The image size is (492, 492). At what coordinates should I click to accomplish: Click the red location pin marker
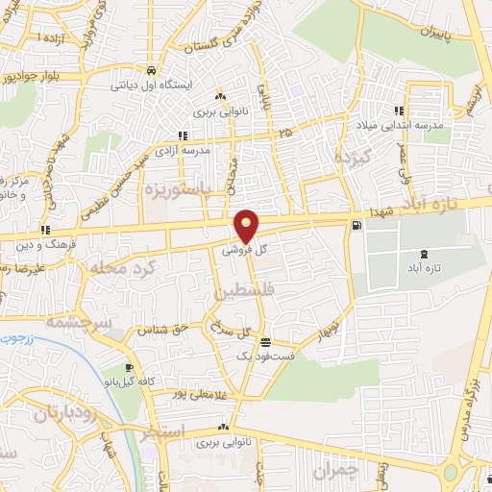[x=247, y=225]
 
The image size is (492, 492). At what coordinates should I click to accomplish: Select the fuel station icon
[x=357, y=225]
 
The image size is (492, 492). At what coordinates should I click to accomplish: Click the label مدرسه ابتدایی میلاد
[x=429, y=126]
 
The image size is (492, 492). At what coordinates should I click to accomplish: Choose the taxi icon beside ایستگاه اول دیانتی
[x=152, y=71]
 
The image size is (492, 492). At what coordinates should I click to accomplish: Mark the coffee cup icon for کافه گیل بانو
[x=130, y=367]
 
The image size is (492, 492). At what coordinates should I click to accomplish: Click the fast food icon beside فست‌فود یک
[x=265, y=342]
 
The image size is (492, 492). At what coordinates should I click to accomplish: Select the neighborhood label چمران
[x=334, y=470]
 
